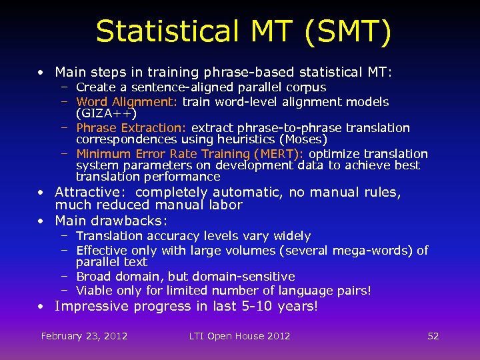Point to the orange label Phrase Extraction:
click(x=131, y=127)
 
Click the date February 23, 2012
click(x=84, y=336)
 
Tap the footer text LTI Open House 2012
click(x=239, y=336)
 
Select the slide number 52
click(x=433, y=336)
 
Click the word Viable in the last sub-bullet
click(x=94, y=291)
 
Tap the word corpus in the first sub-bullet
click(x=305, y=87)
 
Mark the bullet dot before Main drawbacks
click(x=42, y=221)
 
